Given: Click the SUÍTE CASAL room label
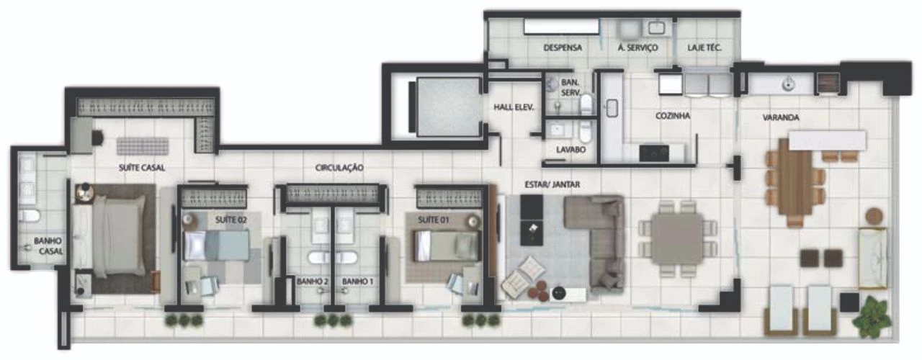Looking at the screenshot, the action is [142, 168].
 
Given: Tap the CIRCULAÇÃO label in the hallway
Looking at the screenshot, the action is [339, 168].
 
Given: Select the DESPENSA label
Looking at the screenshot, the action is [563, 48].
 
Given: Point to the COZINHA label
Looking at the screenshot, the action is [673, 116].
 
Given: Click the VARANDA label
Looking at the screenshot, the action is [781, 117].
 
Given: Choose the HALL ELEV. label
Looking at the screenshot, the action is [514, 107].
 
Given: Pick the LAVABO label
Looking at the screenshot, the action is [571, 150].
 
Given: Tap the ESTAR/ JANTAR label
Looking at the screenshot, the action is [552, 184].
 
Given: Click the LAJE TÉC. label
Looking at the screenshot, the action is [704, 48].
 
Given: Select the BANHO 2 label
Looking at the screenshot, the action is [313, 282].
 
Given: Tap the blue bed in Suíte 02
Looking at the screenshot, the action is [216, 246].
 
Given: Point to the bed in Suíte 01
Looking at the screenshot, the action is [447, 246].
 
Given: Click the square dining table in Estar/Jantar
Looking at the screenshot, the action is [678, 239].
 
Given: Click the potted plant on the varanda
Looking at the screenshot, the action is [871, 318].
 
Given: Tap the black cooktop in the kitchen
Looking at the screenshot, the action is [654, 153].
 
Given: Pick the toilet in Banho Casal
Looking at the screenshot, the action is [30, 215].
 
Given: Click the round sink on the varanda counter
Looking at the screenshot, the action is [788, 86].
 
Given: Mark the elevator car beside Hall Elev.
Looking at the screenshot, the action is [448, 107].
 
